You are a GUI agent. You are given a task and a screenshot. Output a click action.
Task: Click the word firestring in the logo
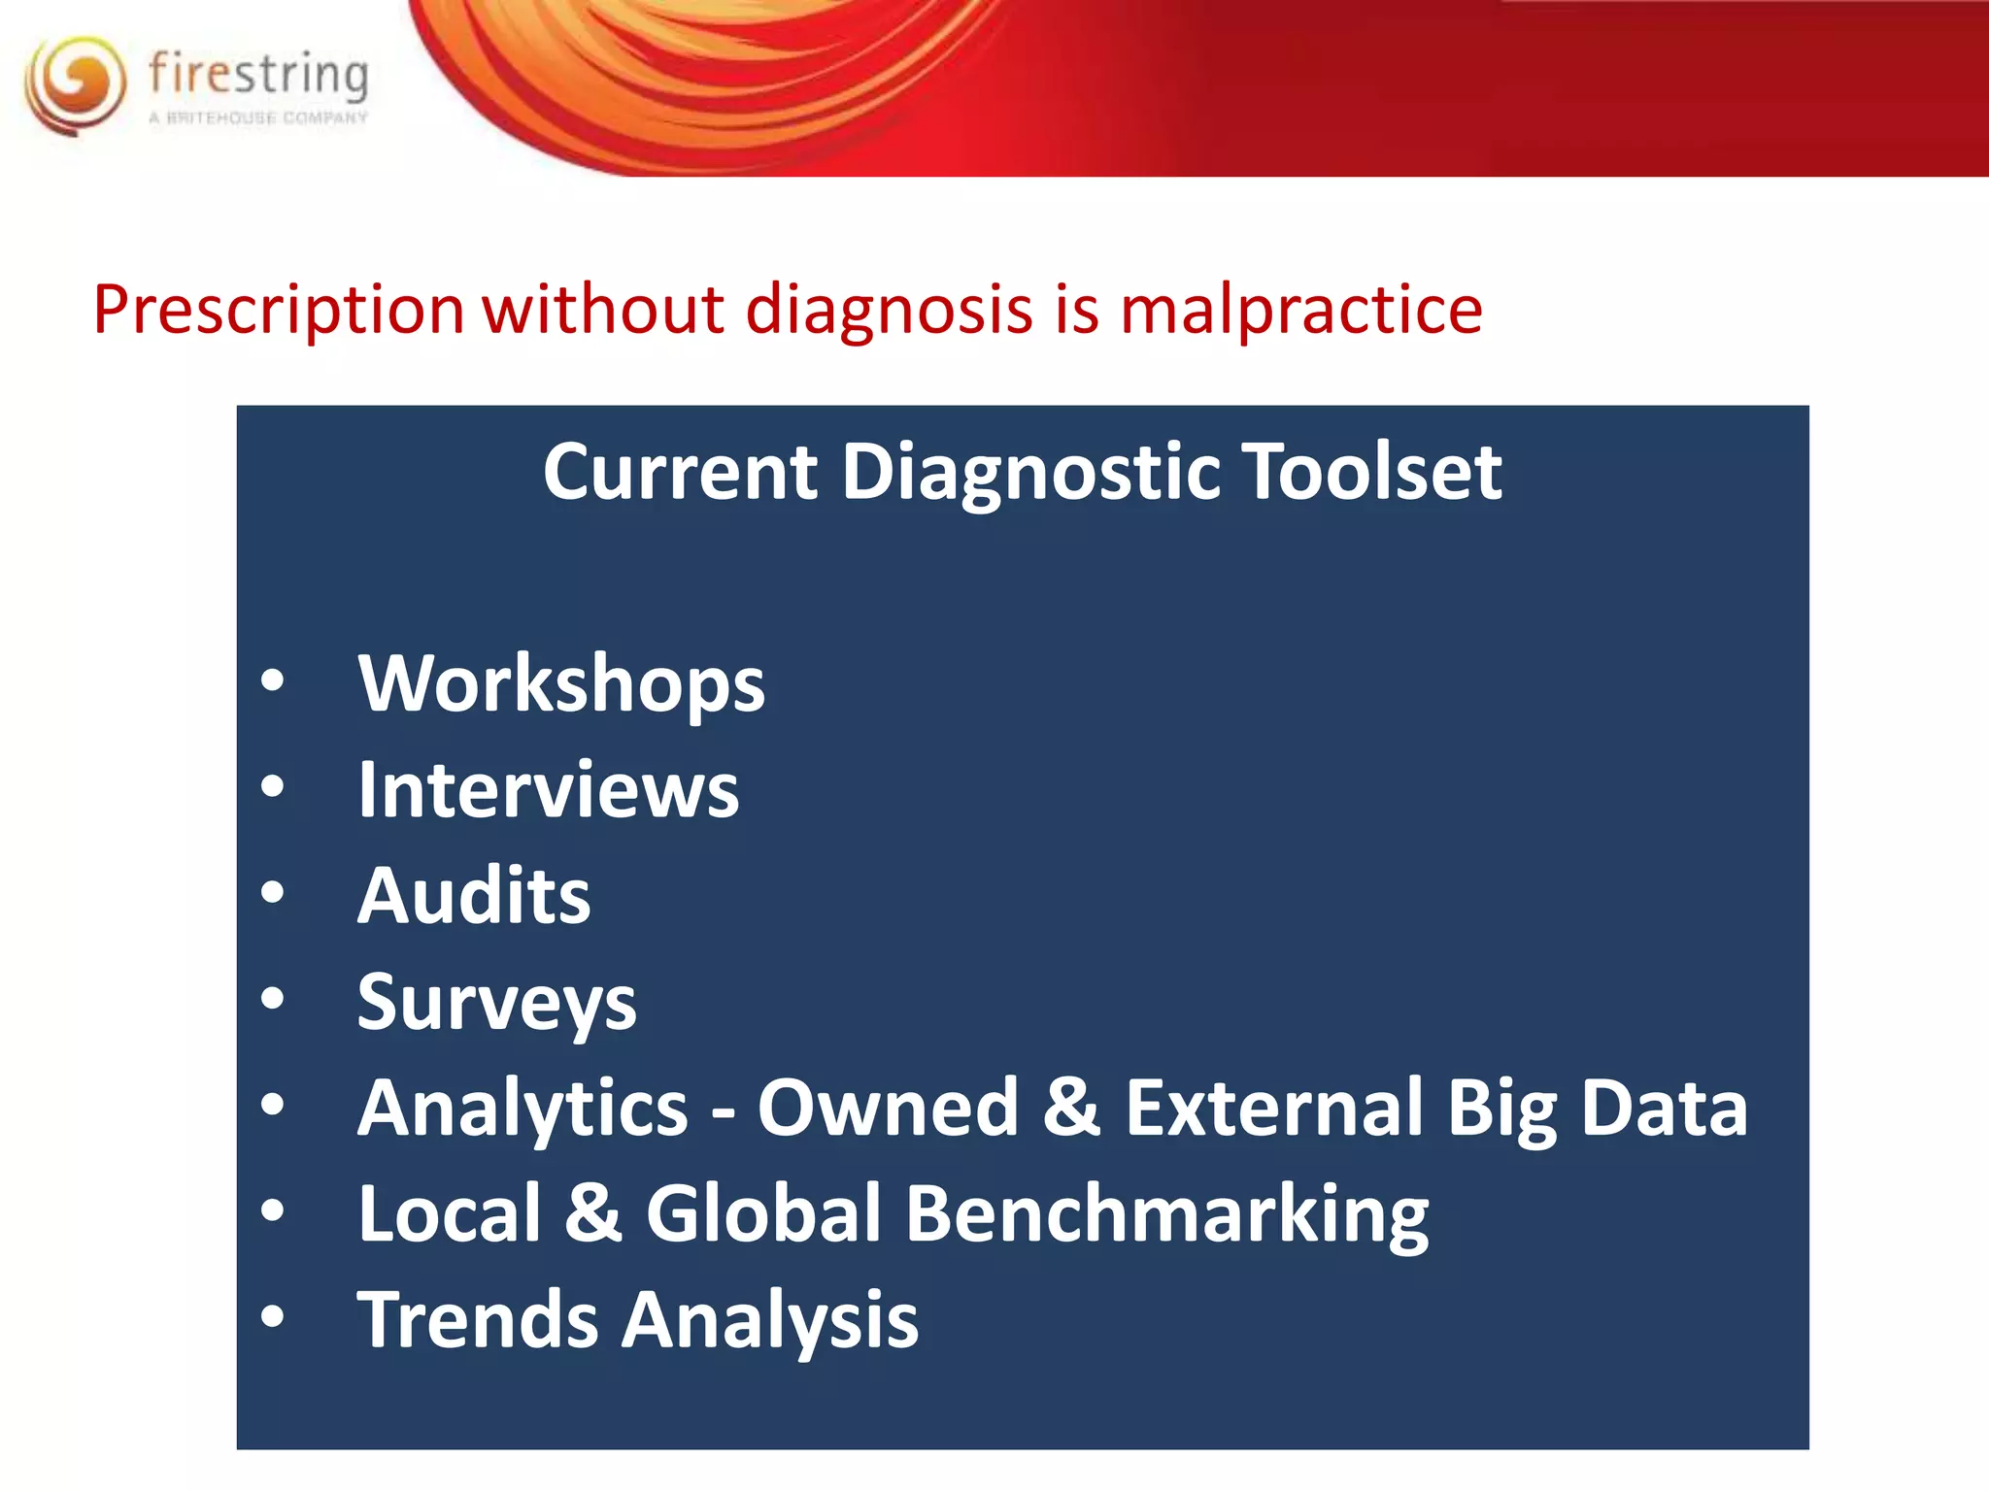pos(258,75)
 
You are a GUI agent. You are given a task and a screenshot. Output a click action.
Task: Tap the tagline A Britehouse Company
pos(258,118)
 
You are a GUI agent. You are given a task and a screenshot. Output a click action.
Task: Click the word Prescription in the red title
pos(279,311)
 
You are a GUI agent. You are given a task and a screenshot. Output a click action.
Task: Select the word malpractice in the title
pos(1300,311)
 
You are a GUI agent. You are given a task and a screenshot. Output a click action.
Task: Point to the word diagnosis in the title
pos(889,311)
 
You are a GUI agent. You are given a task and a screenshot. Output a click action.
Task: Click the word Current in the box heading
pos(680,472)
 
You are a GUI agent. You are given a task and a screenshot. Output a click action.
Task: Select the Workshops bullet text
pos(561,684)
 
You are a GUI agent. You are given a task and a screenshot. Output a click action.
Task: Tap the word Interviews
pos(548,790)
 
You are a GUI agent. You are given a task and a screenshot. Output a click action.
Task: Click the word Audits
pos(474,895)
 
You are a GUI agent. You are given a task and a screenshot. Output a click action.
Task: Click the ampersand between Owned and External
pos(1071,1108)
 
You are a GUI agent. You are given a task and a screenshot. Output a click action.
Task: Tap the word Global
pos(762,1213)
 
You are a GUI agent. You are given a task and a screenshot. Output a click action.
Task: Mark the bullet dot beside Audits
pos(273,893)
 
